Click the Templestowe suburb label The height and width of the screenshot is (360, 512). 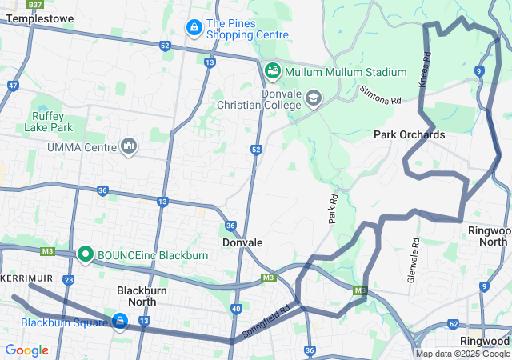click(x=40, y=17)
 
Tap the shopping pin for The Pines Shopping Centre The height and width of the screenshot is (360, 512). click(x=194, y=28)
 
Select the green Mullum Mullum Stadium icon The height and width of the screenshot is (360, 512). click(x=272, y=72)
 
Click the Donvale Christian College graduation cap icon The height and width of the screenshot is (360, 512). click(x=313, y=98)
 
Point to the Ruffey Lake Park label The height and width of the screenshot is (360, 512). click(x=53, y=121)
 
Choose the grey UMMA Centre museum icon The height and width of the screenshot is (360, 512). click(x=128, y=146)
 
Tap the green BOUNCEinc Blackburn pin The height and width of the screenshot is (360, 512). click(x=86, y=255)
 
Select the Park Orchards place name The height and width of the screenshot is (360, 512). click(x=409, y=134)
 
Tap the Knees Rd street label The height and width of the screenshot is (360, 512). click(x=424, y=70)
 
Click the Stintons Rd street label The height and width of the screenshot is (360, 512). click(x=380, y=96)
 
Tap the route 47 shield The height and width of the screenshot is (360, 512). click(x=13, y=84)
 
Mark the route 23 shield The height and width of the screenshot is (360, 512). click(x=69, y=280)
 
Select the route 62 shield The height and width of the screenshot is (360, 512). click(x=454, y=324)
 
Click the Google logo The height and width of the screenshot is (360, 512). click(x=26, y=350)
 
